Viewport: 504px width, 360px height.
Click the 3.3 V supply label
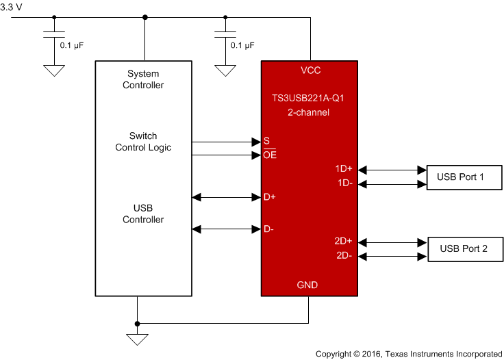click(x=12, y=6)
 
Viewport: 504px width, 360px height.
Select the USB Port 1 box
click(x=461, y=177)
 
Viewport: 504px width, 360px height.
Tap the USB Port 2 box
click(x=464, y=249)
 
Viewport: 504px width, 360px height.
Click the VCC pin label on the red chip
click(x=310, y=70)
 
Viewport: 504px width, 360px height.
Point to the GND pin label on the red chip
click(x=307, y=285)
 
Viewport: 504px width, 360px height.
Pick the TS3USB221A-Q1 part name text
click(x=308, y=98)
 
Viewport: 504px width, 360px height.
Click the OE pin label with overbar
click(x=270, y=155)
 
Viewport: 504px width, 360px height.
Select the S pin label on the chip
click(x=266, y=142)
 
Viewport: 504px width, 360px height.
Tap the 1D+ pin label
click(x=344, y=169)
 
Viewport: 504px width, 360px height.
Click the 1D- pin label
click(x=344, y=183)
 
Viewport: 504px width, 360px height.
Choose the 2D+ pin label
click(x=344, y=241)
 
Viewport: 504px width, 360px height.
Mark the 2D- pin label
click(x=344, y=255)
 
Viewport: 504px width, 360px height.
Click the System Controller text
click(x=143, y=79)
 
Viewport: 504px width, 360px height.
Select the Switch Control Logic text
click(x=143, y=142)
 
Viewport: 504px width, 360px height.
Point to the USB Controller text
click(x=143, y=214)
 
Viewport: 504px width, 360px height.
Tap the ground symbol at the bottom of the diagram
click(x=137, y=339)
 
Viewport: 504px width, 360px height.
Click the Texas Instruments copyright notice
click(x=408, y=354)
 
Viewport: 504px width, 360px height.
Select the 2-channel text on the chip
click(x=308, y=112)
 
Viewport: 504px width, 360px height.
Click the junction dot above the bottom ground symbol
click(x=137, y=323)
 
